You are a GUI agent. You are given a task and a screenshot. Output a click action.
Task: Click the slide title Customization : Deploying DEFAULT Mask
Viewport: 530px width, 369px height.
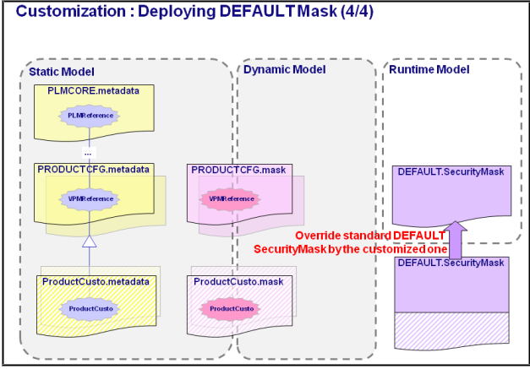tap(194, 11)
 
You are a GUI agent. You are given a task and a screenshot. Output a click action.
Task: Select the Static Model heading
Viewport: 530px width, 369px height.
tap(62, 72)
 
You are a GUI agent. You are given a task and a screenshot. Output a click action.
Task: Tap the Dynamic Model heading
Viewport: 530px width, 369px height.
tap(285, 69)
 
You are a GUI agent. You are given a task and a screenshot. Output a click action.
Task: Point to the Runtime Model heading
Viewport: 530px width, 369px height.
tap(429, 69)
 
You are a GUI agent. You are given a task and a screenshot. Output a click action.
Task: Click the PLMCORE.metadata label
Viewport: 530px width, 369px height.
tap(93, 91)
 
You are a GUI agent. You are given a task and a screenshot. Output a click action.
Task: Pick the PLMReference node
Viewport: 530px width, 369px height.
tap(90, 116)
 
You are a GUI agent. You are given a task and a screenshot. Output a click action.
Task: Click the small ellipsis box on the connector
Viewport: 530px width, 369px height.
tap(89, 153)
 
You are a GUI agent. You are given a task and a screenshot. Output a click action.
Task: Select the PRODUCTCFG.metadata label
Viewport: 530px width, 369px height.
tap(93, 170)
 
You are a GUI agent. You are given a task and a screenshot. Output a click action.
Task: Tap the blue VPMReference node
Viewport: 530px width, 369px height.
tap(90, 198)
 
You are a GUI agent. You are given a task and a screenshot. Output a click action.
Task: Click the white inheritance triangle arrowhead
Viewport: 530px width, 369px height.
tap(90, 241)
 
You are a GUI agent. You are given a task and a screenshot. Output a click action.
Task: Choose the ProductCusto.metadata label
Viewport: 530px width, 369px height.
tap(96, 281)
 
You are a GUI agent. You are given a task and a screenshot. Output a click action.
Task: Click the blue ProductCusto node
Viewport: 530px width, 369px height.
tap(90, 308)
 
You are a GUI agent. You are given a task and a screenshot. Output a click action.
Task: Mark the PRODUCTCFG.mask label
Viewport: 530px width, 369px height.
tap(238, 170)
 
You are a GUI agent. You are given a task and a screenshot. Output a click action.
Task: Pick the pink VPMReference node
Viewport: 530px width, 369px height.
tap(232, 198)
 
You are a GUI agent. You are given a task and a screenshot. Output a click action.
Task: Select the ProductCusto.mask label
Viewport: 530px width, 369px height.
tap(238, 281)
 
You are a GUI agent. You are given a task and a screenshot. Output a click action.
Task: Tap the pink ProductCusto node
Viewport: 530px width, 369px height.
tap(232, 308)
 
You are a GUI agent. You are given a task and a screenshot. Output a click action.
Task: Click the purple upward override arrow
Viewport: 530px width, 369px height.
tap(456, 240)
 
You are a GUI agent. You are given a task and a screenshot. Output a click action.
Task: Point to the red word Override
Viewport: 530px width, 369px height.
tap(315, 236)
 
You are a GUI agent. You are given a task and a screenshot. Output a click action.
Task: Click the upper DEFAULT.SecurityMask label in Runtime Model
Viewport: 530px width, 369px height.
tap(451, 172)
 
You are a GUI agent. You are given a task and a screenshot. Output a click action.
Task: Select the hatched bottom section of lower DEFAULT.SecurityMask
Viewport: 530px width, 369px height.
tap(452, 330)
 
